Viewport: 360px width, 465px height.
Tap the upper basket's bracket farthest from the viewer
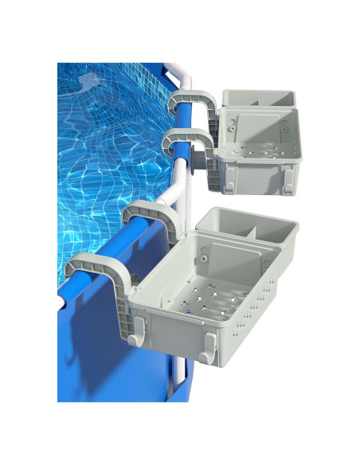pos(194,104)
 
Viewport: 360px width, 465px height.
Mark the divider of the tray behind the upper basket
pos(257,101)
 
